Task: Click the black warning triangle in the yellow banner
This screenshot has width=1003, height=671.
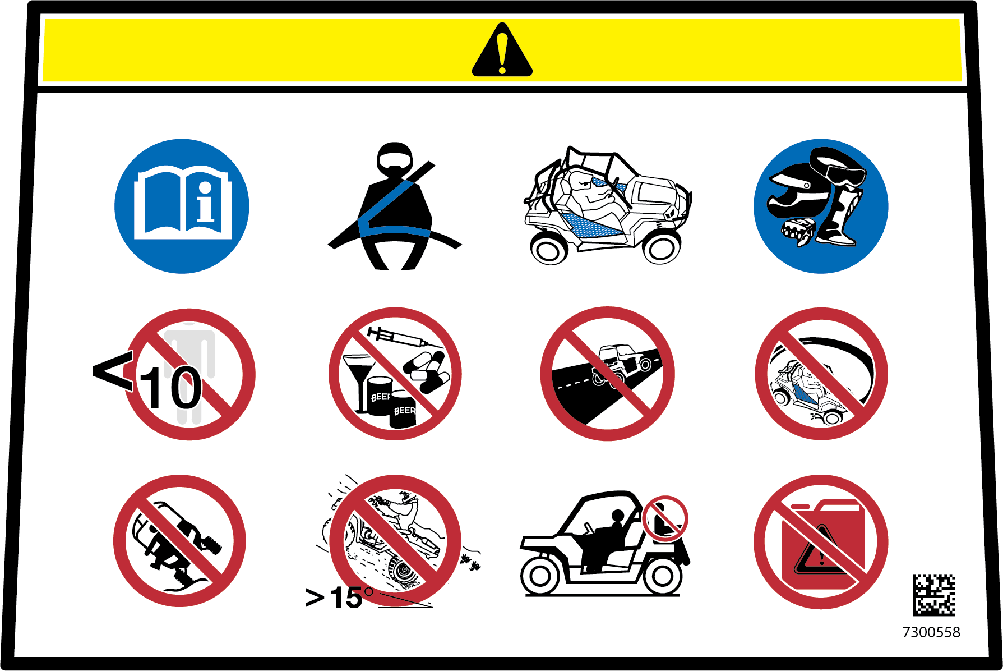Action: pyautogui.click(x=502, y=52)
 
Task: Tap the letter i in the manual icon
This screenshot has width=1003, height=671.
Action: pyautogui.click(x=206, y=202)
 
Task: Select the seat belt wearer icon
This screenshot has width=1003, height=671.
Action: pyautogui.click(x=395, y=206)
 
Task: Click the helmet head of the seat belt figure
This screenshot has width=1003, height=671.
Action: pyautogui.click(x=395, y=159)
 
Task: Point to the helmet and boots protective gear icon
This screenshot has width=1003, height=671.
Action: pyautogui.click(x=821, y=206)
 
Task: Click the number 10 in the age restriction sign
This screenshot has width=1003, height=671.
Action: pyautogui.click(x=171, y=388)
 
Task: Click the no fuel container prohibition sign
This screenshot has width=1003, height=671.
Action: pyautogui.click(x=821, y=542)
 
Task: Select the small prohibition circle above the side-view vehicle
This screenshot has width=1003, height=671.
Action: pyautogui.click(x=665, y=518)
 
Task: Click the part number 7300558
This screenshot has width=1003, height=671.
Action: pyautogui.click(x=931, y=632)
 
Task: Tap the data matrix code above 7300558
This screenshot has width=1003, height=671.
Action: pyautogui.click(x=933, y=595)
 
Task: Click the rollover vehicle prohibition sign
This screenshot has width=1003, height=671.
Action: pyautogui.click(x=179, y=541)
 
